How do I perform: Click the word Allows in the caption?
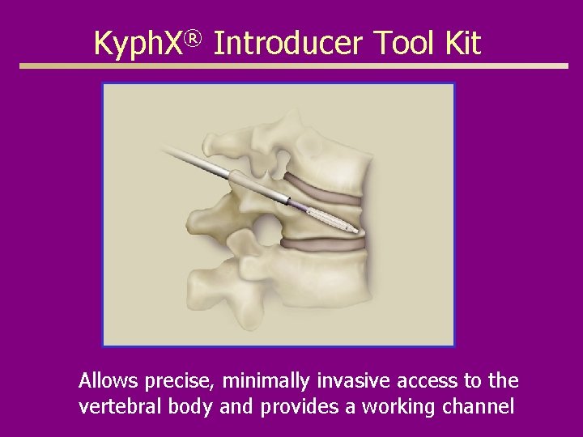[x=108, y=380]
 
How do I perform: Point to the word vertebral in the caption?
[x=115, y=407]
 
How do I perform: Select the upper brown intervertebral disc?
[x=324, y=189]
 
